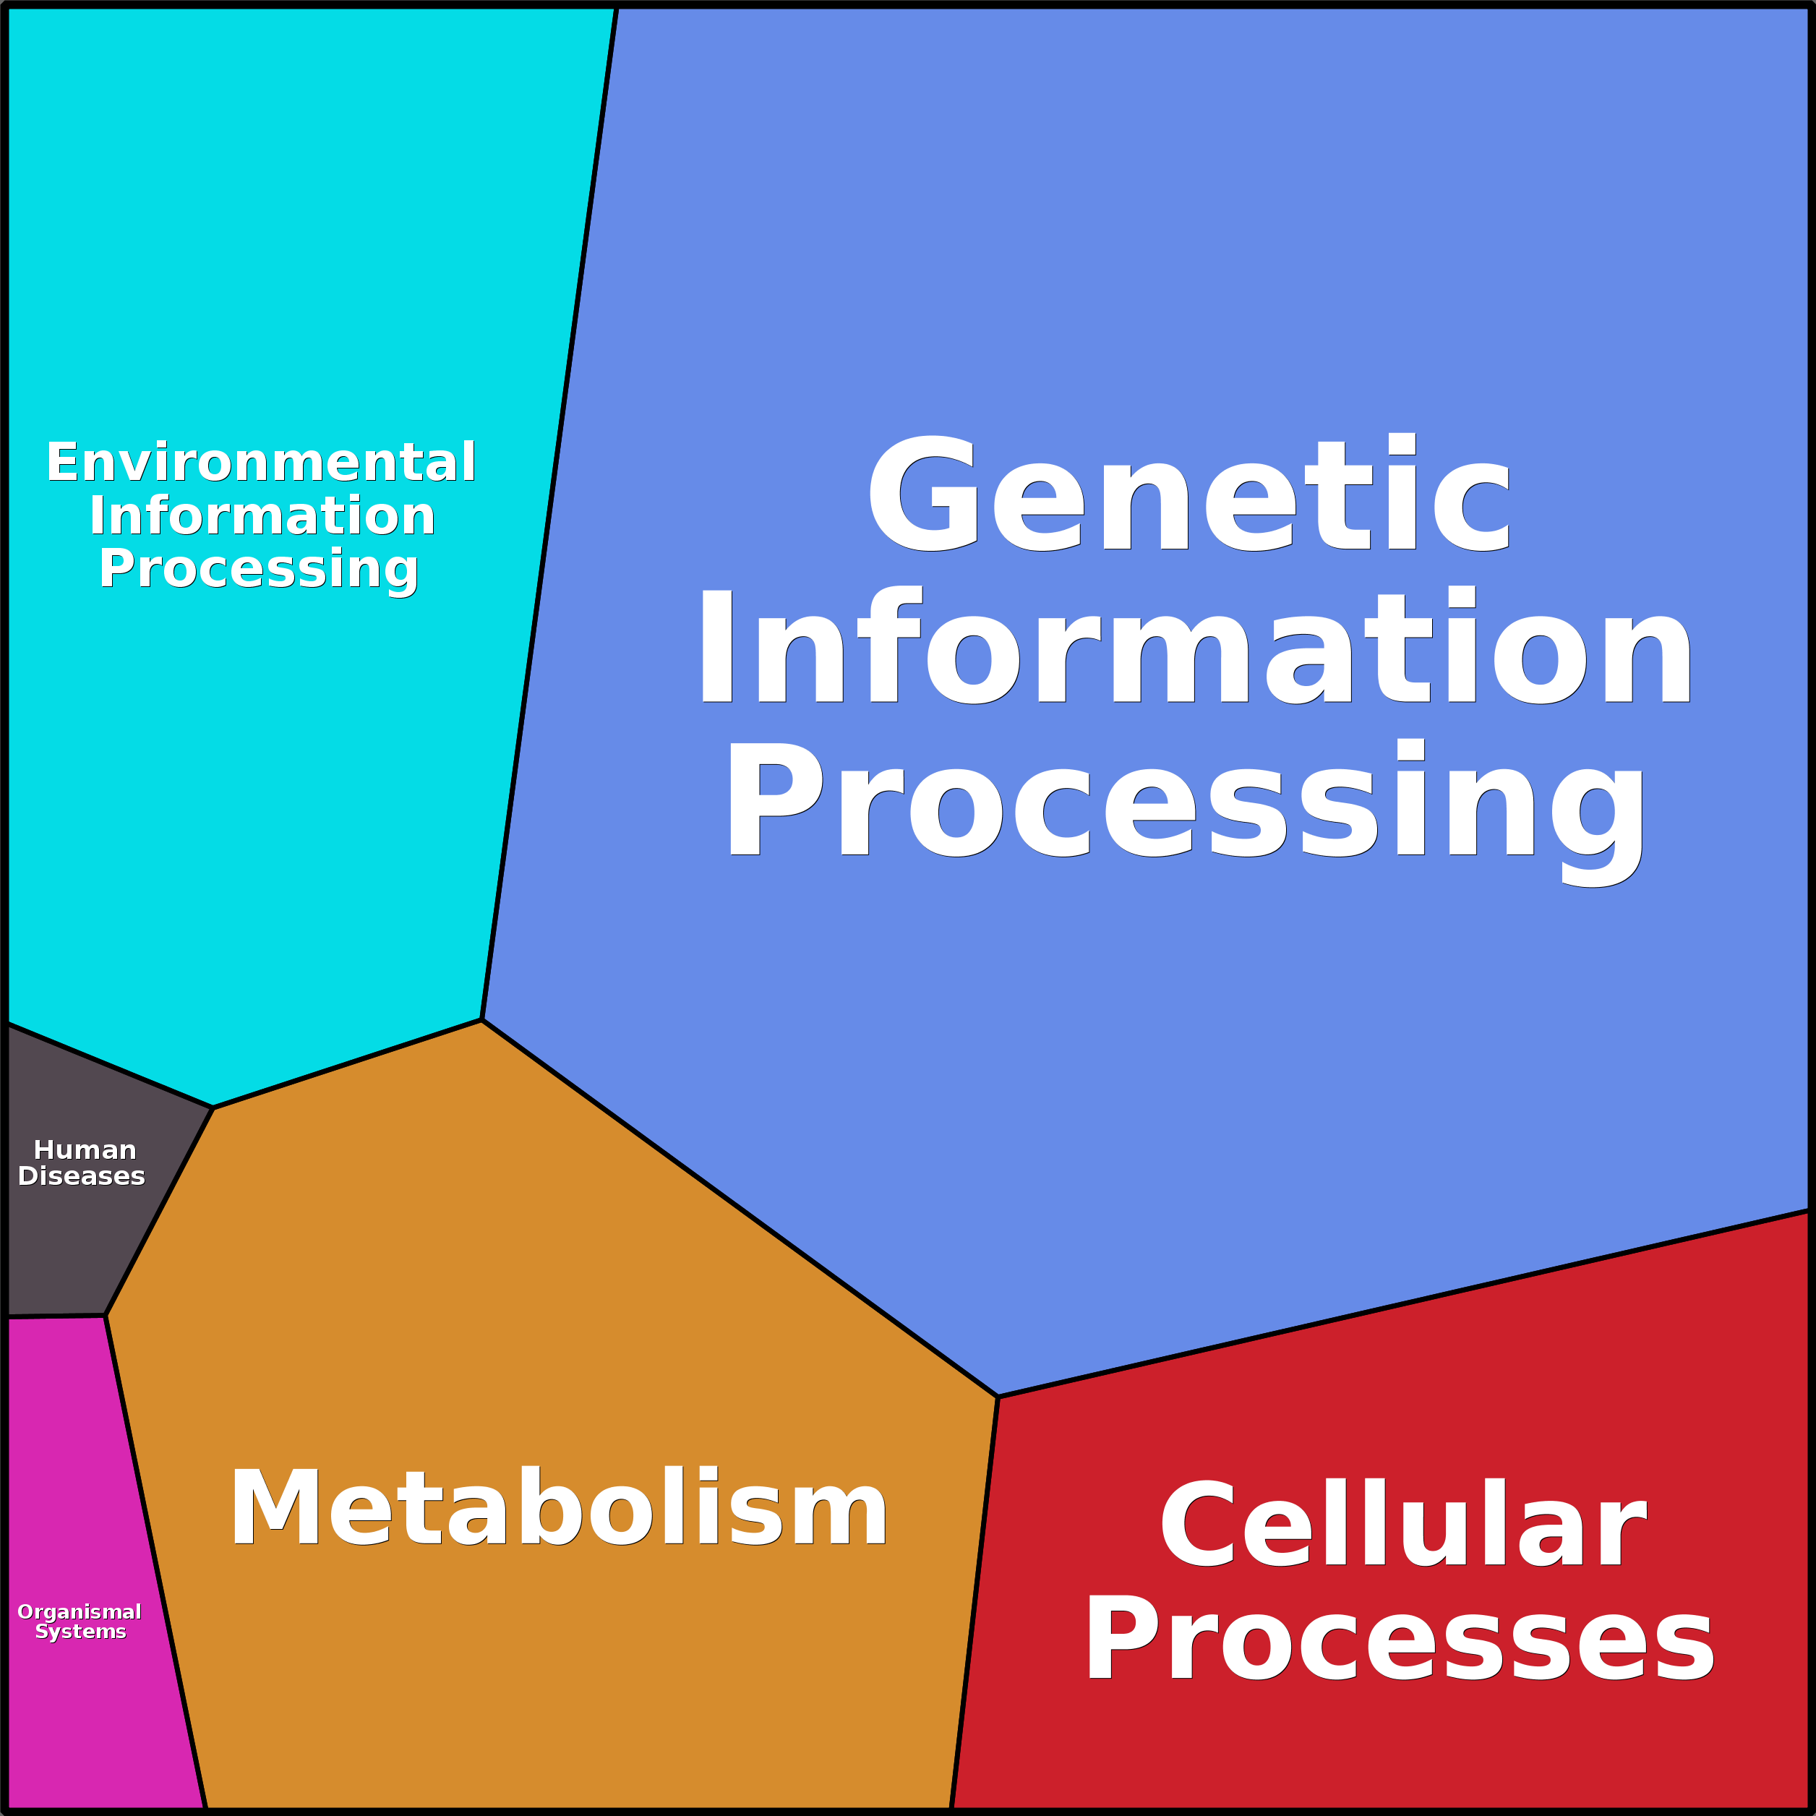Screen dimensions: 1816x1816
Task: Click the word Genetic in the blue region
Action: pyautogui.click(x=1189, y=494)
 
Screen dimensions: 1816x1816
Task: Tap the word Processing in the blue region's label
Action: pyautogui.click(x=1184, y=804)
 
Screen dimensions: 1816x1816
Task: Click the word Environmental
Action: pyautogui.click(x=261, y=463)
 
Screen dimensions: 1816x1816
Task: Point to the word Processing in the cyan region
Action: pyautogui.click(x=259, y=570)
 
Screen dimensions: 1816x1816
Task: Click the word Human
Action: pyautogui.click(x=85, y=1150)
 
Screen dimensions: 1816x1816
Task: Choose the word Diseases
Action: pyautogui.click(x=82, y=1177)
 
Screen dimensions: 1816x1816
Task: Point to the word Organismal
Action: pyautogui.click(x=80, y=1612)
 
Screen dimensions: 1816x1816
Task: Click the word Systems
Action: pyautogui.click(x=81, y=1632)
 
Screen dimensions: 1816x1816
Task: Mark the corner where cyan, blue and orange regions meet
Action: pyautogui.click(x=481, y=1020)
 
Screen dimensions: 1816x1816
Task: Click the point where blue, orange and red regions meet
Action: pyautogui.click(x=998, y=1397)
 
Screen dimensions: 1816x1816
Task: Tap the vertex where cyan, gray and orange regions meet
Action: pyautogui.click(x=213, y=1108)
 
